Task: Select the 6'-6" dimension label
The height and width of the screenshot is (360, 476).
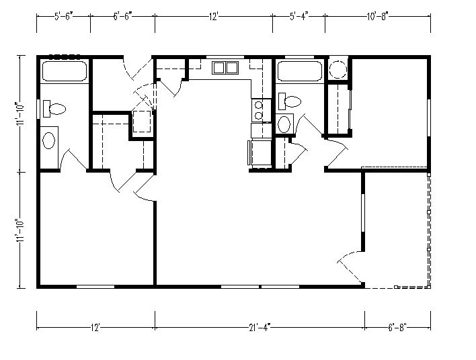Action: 123,16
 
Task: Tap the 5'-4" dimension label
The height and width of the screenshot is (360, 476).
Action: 299,16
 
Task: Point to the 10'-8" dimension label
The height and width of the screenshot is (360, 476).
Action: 378,16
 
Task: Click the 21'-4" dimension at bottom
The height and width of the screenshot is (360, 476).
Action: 260,328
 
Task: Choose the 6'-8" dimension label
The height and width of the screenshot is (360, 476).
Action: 397,328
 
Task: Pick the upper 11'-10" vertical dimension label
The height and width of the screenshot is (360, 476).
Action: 21,114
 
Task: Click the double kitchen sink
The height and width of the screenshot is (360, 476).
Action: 225,68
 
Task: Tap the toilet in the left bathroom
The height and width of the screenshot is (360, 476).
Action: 54,109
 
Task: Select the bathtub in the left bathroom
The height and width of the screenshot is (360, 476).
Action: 65,71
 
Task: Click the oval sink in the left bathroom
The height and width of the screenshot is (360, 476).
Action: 48,140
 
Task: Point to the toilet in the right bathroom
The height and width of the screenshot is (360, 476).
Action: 290,101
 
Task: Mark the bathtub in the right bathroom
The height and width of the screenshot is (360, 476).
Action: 300,71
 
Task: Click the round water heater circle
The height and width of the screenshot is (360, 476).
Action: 338,69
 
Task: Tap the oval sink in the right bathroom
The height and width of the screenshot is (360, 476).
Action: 284,124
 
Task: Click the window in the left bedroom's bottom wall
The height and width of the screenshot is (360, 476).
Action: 95,286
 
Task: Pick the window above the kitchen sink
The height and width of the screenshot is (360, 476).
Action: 225,56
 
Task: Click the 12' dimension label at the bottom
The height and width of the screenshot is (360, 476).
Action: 95,328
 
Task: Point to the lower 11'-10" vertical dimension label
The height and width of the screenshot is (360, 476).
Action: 21,230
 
